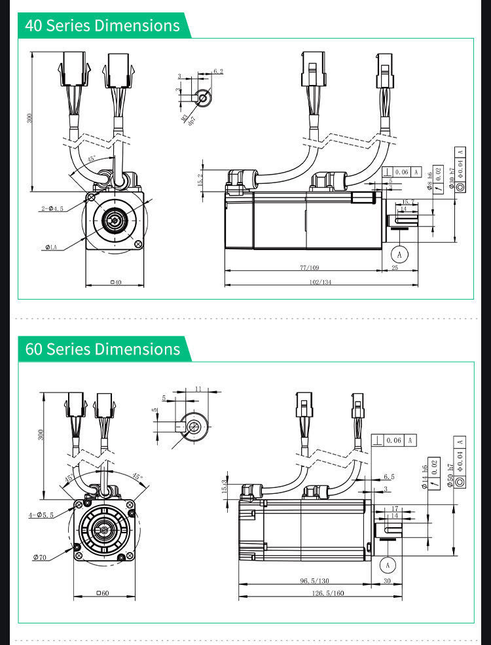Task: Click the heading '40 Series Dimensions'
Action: tap(102, 26)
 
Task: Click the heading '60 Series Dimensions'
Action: tap(102, 349)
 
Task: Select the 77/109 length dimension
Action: tap(309, 268)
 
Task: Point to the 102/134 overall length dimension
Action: tap(320, 282)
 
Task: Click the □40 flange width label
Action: tap(115, 283)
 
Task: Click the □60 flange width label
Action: tap(103, 593)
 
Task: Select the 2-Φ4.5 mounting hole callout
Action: tap(52, 209)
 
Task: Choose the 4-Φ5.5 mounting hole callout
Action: tap(42, 515)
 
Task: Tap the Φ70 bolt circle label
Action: tap(40, 557)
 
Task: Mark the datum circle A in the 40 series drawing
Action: tap(399, 253)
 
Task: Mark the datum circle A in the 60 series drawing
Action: tap(388, 564)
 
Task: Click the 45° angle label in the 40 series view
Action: tap(92, 159)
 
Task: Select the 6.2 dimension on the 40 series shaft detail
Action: tap(218, 71)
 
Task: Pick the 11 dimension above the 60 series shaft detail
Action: tap(198, 389)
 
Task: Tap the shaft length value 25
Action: tap(395, 268)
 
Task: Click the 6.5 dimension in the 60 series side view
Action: tap(389, 477)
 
